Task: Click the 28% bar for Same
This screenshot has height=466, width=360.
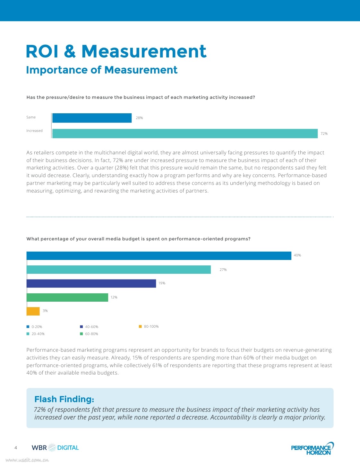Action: [92, 118]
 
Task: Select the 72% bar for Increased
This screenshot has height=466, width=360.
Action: [185, 134]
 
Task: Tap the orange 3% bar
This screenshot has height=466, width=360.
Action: [33, 311]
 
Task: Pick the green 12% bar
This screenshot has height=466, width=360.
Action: [67, 297]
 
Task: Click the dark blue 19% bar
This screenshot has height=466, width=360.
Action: [91, 283]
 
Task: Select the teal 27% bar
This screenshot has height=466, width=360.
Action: [118, 270]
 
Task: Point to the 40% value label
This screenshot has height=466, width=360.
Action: [297, 255]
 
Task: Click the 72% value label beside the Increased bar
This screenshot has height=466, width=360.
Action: [324, 134]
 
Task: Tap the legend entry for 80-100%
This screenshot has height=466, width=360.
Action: [149, 326]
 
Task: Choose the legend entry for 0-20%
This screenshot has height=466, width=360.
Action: [34, 327]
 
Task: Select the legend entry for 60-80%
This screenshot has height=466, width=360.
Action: [89, 334]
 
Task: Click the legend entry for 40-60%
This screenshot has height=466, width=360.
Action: [89, 327]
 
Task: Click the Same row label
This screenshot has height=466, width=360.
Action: [31, 117]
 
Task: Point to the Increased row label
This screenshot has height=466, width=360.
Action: [34, 131]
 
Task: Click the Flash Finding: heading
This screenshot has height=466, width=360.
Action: [64, 399]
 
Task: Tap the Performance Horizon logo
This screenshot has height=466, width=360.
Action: [312, 449]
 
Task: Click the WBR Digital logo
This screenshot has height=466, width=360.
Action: [55, 448]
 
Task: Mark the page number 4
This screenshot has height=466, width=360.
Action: [16, 448]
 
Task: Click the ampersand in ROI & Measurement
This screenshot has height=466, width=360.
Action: [70, 51]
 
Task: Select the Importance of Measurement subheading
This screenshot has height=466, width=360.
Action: [102, 70]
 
